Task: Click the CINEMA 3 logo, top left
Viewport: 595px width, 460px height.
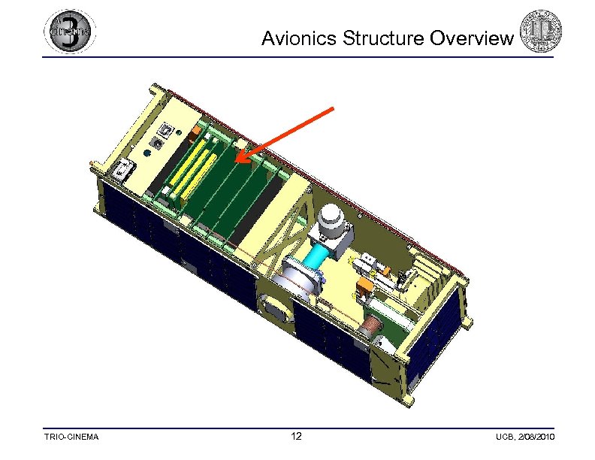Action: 70,32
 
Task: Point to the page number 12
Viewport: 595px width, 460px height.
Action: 297,437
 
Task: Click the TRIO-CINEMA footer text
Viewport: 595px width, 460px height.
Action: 73,437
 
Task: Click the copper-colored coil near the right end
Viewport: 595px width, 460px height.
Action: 371,328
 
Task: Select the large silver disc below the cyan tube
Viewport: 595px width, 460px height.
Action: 298,279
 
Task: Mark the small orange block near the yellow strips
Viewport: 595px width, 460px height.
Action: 198,132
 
